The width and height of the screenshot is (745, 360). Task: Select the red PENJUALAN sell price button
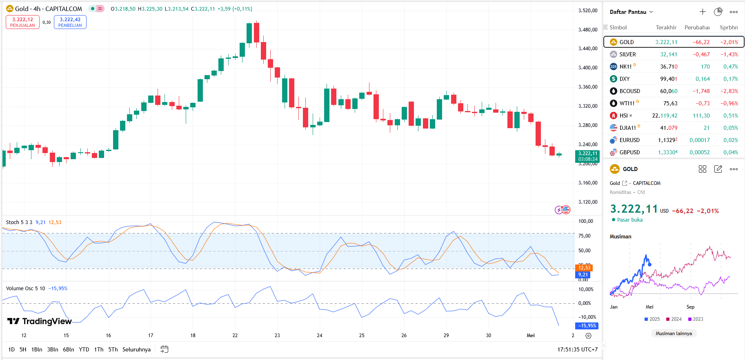pos(22,22)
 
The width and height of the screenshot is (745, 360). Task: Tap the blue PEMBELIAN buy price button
pos(70,22)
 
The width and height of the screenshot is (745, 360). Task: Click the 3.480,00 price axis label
pos(587,30)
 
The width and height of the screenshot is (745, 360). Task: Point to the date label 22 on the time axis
pos(235,336)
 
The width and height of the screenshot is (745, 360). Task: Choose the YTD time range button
pos(84,349)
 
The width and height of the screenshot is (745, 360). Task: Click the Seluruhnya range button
pos(136,349)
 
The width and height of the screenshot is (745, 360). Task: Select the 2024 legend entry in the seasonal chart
pos(674,319)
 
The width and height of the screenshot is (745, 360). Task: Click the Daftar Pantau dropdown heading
pos(631,12)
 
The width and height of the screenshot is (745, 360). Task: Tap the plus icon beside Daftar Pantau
pos(703,12)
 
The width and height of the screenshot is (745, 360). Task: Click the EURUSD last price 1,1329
pos(667,140)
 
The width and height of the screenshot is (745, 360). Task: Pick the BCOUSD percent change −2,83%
pos(729,91)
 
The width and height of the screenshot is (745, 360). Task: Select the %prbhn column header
pos(729,27)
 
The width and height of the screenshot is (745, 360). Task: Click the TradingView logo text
pos(40,321)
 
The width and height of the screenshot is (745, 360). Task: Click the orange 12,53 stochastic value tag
pos(584,268)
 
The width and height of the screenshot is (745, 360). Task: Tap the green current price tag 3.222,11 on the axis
pos(587,156)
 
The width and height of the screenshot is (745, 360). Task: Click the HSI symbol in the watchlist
pos(623,116)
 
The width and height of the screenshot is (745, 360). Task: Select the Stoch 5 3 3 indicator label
pos(19,222)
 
